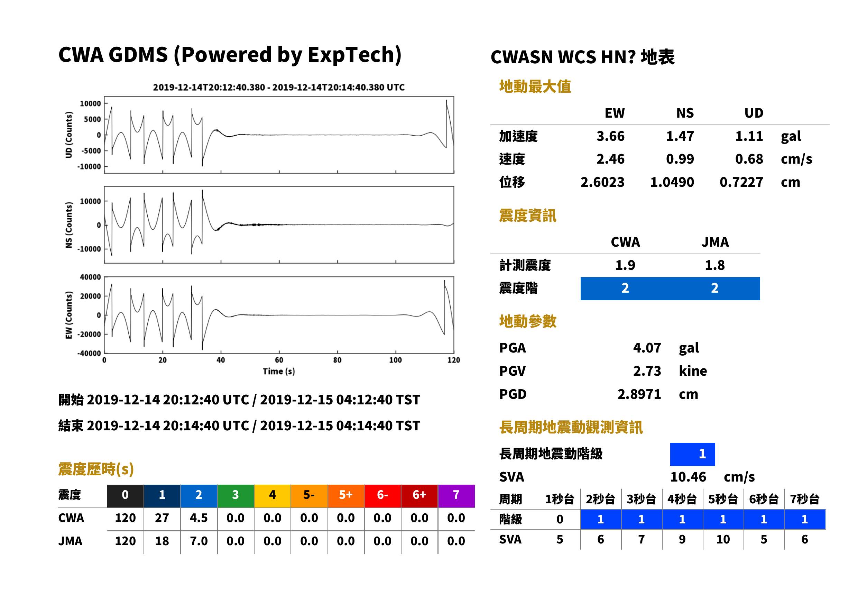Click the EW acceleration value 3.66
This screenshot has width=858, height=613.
(x=610, y=136)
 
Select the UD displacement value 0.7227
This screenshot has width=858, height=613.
(x=741, y=182)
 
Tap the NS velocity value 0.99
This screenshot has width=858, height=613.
(x=680, y=159)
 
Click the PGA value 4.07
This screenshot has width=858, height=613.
(x=647, y=348)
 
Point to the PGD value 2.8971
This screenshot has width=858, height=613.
(x=639, y=394)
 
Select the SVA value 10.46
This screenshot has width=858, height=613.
(x=688, y=477)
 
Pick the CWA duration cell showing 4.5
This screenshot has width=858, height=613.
(x=199, y=518)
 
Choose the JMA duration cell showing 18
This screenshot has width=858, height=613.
(x=162, y=541)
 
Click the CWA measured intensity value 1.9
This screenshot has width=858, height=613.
(x=625, y=265)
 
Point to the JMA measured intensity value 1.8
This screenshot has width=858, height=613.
(x=714, y=265)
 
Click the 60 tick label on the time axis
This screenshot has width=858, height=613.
(x=279, y=360)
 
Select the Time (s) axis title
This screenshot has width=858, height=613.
(x=279, y=372)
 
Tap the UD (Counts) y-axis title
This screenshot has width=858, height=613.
(x=69, y=135)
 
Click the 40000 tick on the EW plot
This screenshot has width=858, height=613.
(x=90, y=277)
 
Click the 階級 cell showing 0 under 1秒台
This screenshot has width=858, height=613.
(x=560, y=519)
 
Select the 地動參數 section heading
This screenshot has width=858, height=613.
(x=527, y=322)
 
